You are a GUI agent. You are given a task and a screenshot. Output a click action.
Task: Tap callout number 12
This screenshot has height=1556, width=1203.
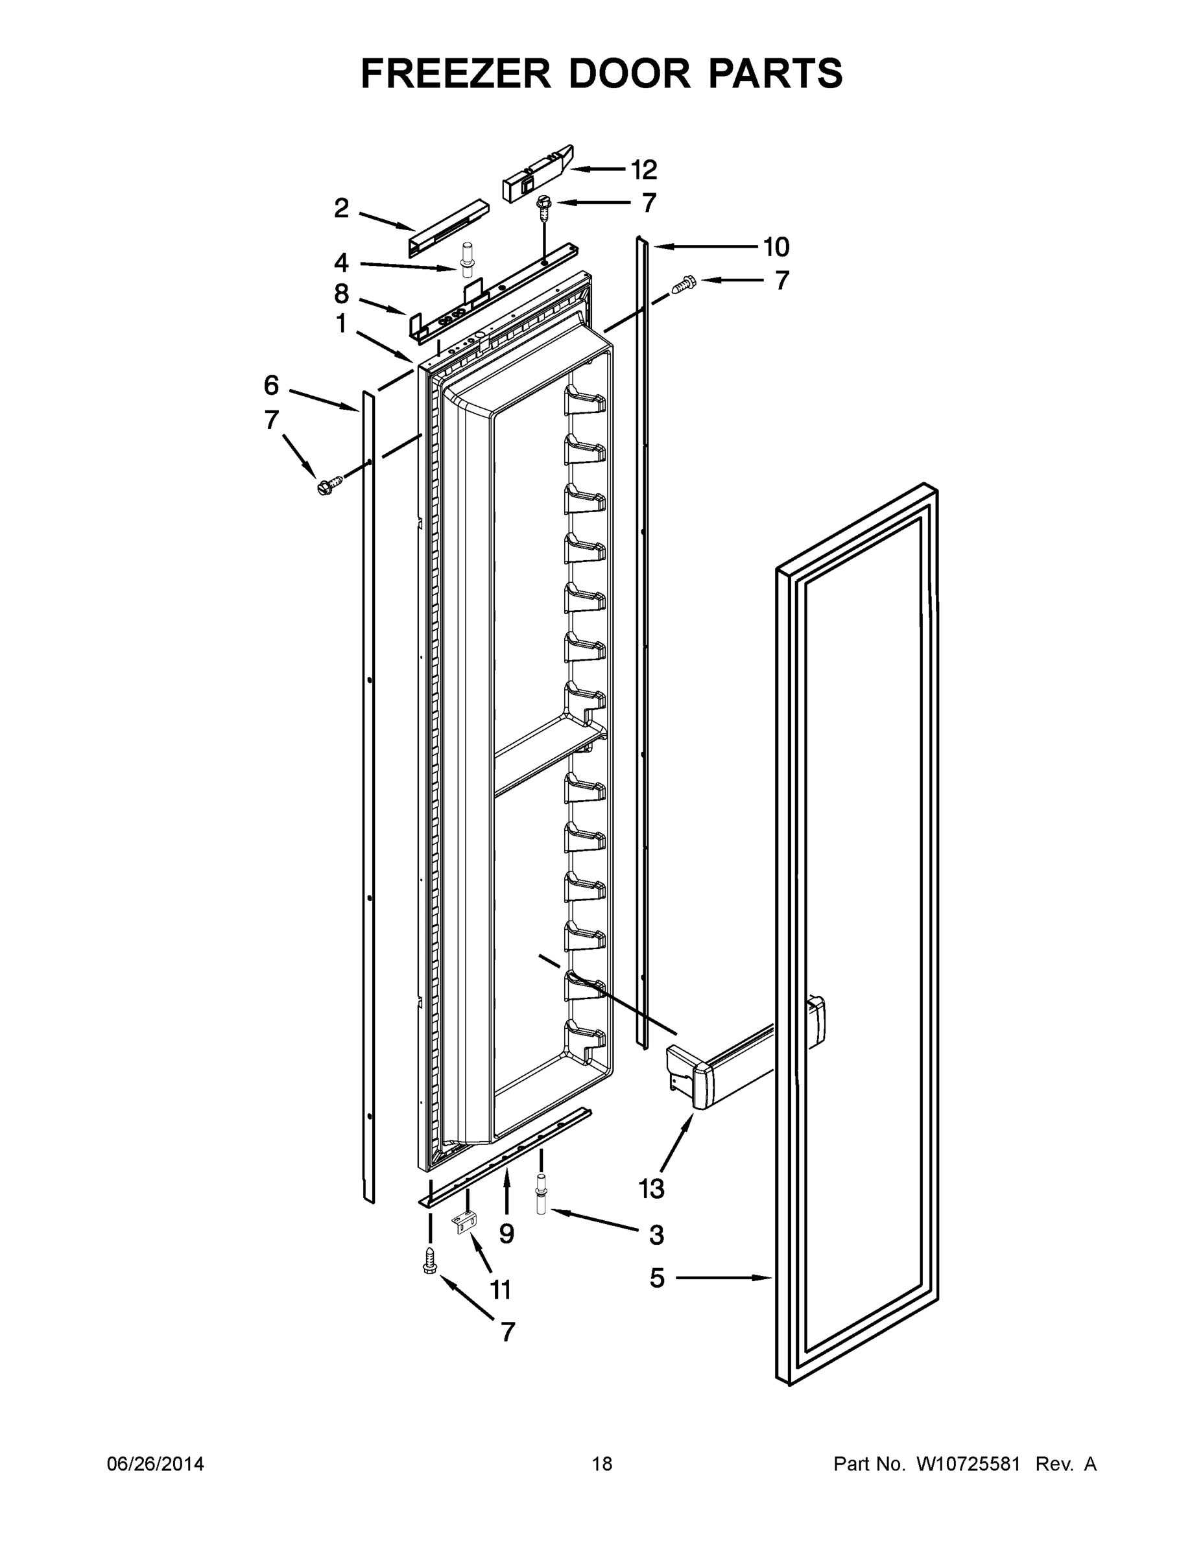(x=643, y=170)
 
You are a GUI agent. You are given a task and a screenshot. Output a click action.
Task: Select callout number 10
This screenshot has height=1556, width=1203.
(x=776, y=247)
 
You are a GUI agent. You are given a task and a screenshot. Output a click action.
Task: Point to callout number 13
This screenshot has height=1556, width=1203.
(x=651, y=1188)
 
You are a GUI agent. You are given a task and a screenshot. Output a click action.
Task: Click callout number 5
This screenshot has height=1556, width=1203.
(x=657, y=1278)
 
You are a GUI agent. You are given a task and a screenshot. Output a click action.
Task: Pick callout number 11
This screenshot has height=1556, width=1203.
(x=501, y=1290)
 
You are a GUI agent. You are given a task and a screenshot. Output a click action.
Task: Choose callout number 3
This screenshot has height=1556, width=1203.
(x=656, y=1234)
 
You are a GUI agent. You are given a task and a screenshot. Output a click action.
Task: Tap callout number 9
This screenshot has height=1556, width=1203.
(x=506, y=1233)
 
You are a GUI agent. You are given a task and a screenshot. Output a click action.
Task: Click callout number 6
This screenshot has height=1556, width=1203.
(x=271, y=386)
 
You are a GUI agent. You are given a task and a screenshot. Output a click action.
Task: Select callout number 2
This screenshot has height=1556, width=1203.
(x=341, y=208)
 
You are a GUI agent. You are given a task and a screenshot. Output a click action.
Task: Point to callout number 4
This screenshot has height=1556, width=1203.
(x=341, y=263)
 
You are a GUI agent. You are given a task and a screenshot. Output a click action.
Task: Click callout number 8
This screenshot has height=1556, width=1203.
(x=341, y=294)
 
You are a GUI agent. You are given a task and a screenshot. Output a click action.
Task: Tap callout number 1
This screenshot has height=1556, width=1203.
(x=341, y=324)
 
